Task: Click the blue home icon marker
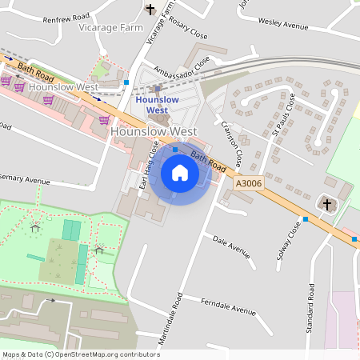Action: coord(180,172)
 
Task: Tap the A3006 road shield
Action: coord(248,184)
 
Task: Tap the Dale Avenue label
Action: coord(231,246)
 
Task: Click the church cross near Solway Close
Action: coord(326,205)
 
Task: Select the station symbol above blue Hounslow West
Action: coord(157,89)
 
